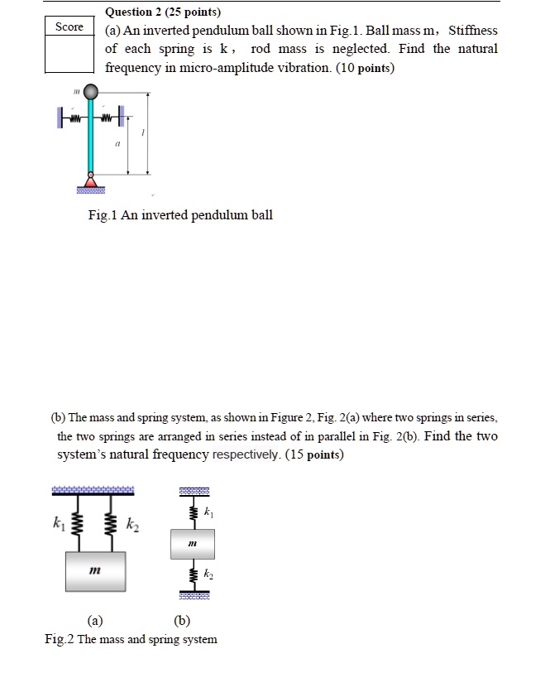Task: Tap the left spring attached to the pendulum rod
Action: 74,118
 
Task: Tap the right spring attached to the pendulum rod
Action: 108,118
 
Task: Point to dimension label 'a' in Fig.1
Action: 117,143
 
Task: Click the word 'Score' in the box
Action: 69,27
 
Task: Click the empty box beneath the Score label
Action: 69,54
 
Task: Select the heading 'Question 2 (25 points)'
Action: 164,12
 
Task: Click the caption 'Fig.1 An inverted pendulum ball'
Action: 180,215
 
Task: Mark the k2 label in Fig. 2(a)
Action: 131,524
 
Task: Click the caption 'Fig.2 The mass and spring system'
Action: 132,639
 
